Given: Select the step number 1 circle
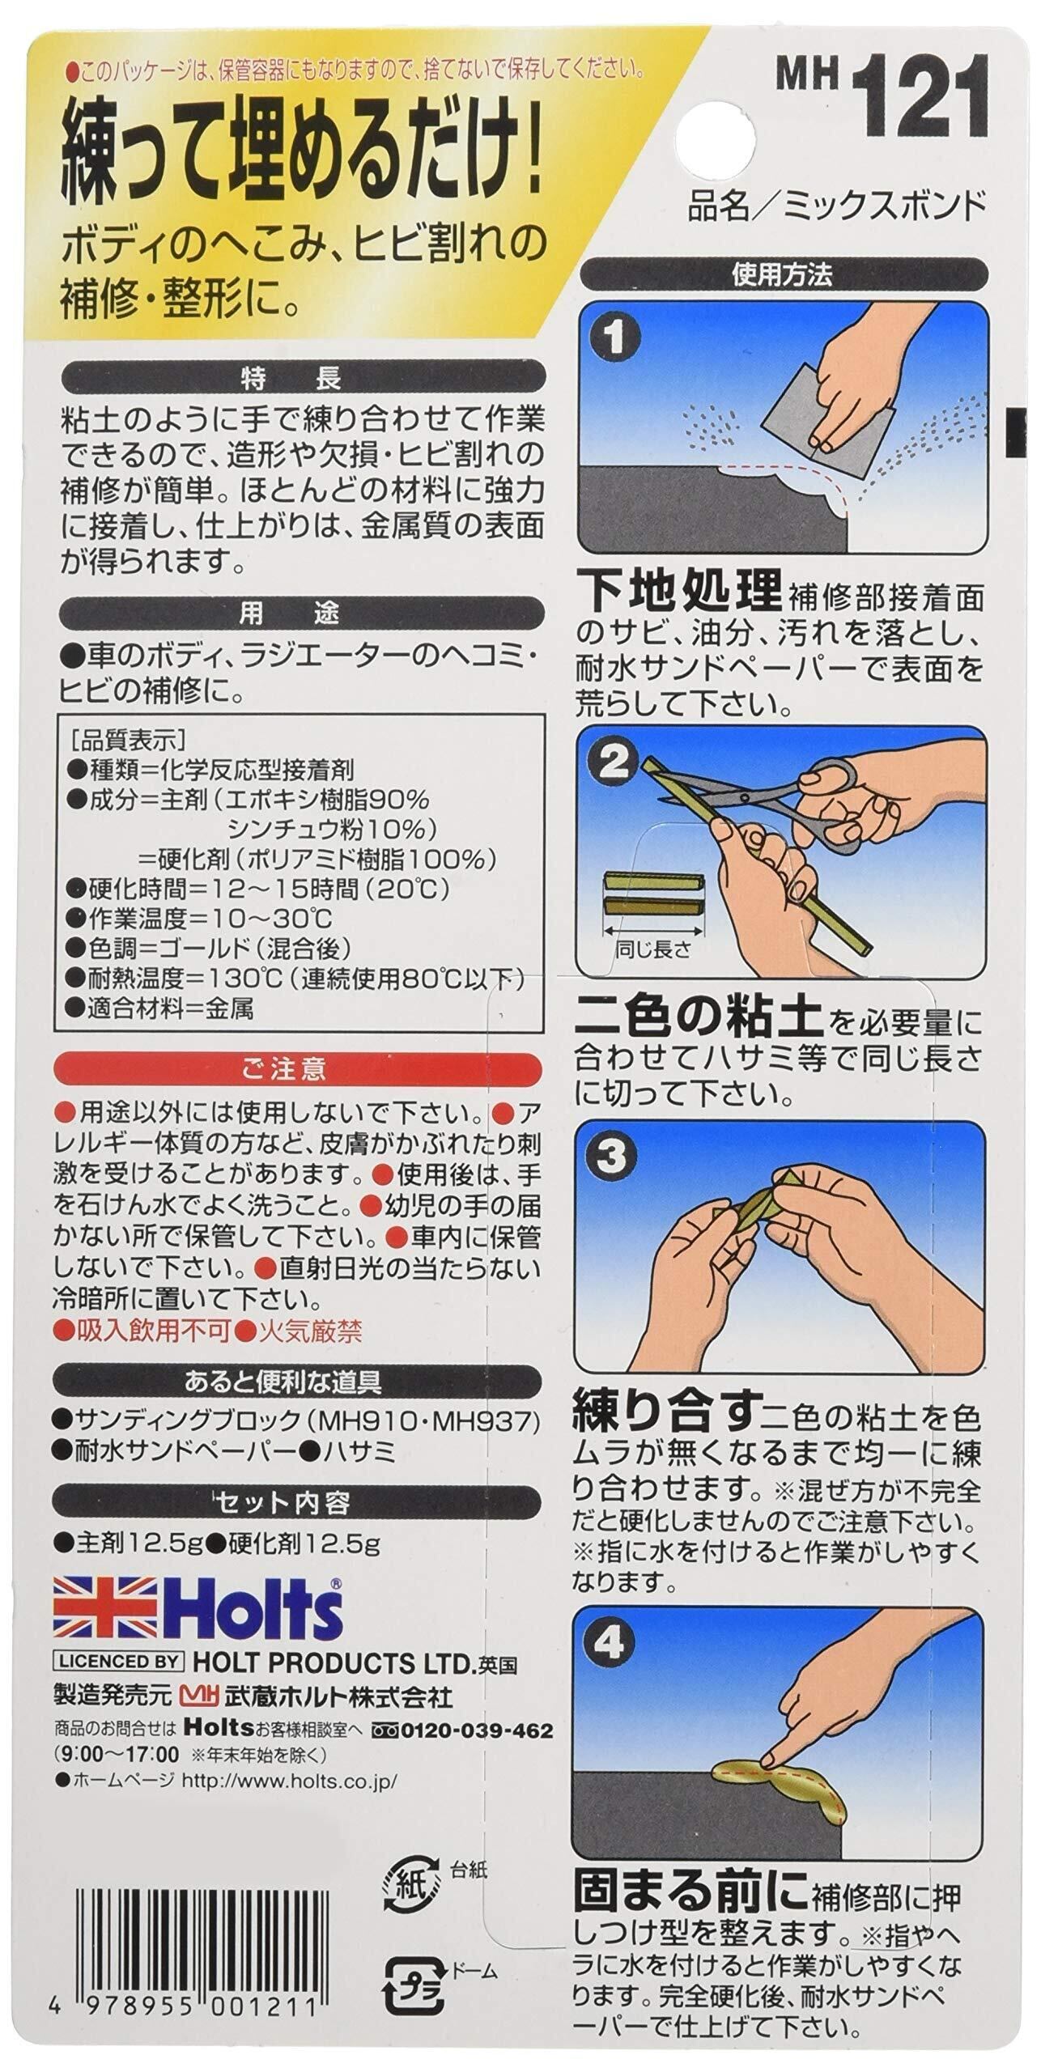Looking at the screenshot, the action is point(617,337).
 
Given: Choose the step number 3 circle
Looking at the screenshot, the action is point(617,1157).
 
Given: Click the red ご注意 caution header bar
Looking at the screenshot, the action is point(297,1071).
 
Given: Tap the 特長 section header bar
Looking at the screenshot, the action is point(297,378).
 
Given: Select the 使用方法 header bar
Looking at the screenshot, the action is point(782,276).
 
